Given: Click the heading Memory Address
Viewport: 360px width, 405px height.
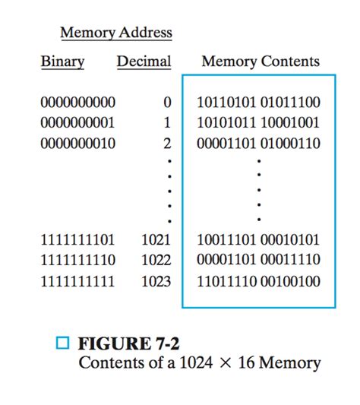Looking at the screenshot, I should [116, 33].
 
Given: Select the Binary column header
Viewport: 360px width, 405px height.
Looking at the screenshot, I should [63, 62].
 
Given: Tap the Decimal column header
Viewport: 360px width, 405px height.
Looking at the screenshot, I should [144, 62].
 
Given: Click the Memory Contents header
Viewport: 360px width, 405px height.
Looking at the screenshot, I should [261, 62].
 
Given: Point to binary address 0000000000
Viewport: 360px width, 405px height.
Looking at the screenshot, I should [78, 102].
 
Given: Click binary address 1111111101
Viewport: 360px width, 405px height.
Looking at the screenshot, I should [78, 240].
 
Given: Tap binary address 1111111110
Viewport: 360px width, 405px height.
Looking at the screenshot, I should [78, 261].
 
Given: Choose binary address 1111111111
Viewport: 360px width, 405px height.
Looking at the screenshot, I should [78, 281].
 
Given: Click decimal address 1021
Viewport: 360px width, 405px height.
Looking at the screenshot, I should [156, 240].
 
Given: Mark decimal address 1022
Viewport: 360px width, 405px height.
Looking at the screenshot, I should [156, 261].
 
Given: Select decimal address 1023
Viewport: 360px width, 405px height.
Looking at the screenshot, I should [156, 281].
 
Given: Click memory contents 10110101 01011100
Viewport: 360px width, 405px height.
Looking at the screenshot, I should [258, 102].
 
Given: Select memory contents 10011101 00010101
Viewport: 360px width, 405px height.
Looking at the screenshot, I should [258, 240].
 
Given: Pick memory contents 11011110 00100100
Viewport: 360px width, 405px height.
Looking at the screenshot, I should [258, 281].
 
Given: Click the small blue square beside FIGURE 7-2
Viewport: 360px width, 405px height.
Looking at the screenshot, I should [64, 343].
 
